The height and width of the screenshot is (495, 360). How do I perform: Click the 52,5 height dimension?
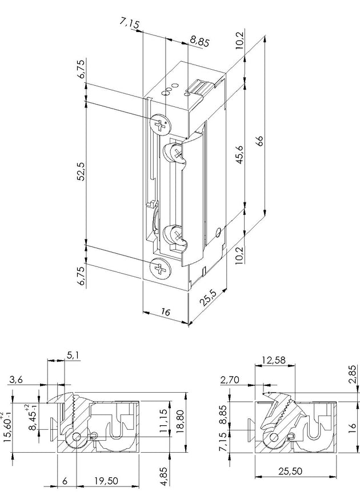(x=81, y=171)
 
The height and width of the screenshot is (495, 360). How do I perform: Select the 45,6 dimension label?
(x=240, y=154)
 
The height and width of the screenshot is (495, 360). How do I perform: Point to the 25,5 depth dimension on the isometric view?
(x=208, y=297)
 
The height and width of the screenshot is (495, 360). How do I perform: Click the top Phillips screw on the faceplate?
(x=161, y=123)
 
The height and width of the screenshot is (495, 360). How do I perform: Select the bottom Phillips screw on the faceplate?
(x=160, y=269)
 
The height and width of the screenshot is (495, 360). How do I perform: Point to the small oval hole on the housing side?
(x=218, y=232)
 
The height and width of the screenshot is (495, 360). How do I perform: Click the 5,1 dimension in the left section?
(x=73, y=355)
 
